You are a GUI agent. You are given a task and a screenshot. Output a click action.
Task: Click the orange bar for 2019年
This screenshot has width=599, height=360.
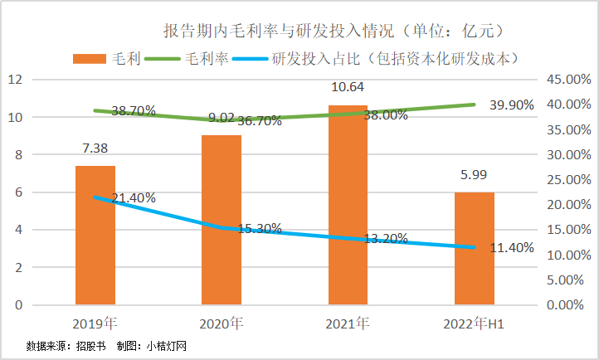coord(95,236)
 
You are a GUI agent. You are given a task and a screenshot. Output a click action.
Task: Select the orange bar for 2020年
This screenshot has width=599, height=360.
coord(222,220)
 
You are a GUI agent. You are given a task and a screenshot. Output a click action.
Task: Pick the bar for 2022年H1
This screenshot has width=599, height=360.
coord(474,248)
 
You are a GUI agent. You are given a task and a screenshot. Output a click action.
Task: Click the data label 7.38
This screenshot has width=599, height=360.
coord(95,150)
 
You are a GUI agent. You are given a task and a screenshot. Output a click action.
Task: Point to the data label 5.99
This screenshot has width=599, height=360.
coord(474,176)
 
